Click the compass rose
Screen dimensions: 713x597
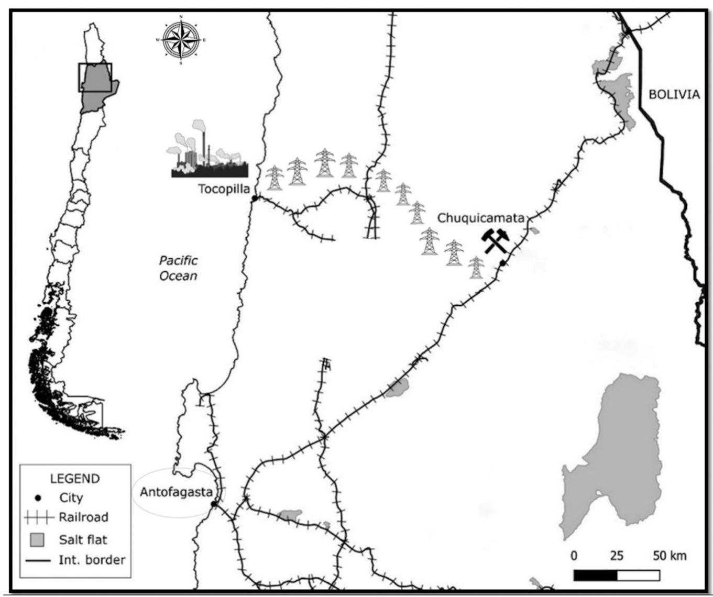181,40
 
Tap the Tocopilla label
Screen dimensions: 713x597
224,189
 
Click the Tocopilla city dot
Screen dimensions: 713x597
255,198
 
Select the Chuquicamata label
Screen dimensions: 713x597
480,218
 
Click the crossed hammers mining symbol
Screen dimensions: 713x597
495,240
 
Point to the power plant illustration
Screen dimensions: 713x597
209,152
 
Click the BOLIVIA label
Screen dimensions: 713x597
674,94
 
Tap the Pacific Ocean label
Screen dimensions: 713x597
179,268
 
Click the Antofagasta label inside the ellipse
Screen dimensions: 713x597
176,492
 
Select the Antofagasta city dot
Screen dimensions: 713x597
214,504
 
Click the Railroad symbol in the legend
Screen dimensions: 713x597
39,518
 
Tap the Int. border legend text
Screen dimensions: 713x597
92,560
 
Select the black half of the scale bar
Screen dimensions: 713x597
596,575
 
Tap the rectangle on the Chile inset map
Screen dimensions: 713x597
95,77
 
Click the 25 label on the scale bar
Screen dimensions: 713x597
617,556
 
